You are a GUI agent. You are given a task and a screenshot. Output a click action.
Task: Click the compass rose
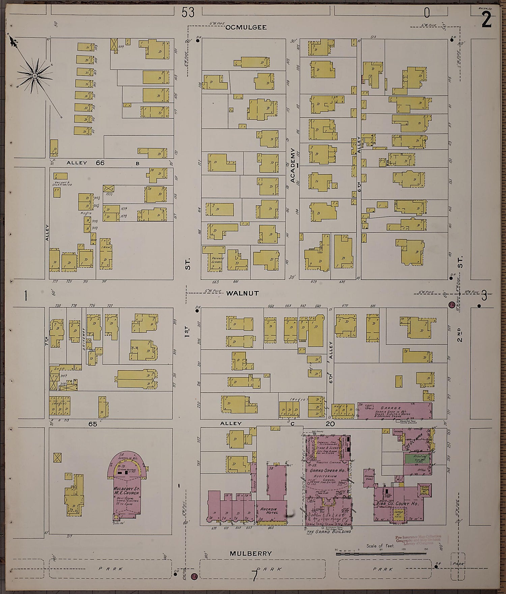point(35,75)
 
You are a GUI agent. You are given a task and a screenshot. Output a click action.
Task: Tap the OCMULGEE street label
point(246,27)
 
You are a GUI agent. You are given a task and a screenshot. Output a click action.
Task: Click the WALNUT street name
point(243,293)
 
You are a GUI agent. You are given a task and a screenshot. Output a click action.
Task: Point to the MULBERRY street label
point(251,554)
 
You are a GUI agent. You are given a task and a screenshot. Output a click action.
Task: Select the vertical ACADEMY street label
point(293,165)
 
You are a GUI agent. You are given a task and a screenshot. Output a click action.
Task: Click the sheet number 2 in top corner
point(486,21)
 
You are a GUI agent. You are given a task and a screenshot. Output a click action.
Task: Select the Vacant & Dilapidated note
point(62,184)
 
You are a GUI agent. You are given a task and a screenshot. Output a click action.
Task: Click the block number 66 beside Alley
point(100,163)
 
